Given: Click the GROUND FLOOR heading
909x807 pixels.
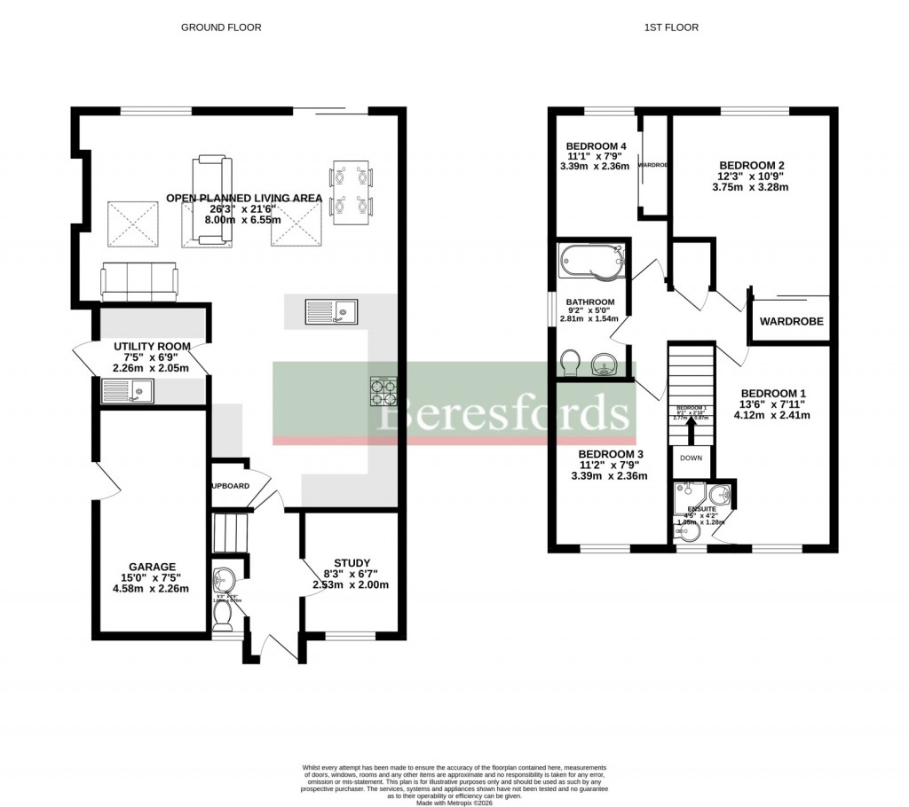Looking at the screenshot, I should click(221, 27).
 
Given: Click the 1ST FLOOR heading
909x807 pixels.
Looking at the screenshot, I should click(671, 27).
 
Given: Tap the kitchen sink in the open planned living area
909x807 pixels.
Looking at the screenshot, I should click(330, 311).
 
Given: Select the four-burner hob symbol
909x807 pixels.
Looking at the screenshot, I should click(383, 390).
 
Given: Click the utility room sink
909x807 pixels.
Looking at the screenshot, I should click(128, 389).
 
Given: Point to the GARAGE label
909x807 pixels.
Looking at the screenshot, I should click(152, 567).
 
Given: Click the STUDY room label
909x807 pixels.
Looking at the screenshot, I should click(352, 563).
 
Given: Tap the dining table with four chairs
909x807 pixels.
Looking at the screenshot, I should click(352, 191).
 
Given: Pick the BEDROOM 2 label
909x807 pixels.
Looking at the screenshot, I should click(751, 165).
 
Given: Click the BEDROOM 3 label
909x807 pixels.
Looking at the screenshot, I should click(611, 454).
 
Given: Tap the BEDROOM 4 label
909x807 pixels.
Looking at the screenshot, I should click(597, 146).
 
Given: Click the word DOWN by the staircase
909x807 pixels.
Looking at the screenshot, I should click(691, 458).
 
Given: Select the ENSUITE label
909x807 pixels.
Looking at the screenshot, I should click(700, 509).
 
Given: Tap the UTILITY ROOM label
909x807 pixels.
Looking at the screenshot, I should click(152, 346).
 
